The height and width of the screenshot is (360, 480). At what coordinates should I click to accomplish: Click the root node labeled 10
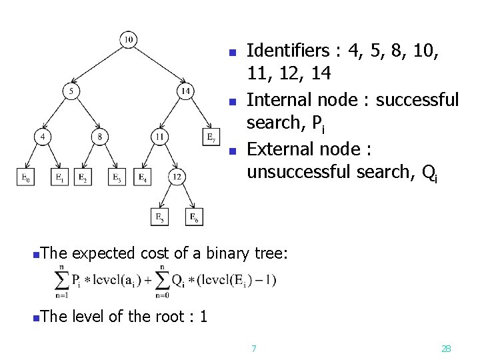click(129, 41)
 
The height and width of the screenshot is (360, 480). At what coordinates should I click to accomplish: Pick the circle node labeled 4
click(43, 137)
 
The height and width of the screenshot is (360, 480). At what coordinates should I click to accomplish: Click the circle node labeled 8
click(100, 137)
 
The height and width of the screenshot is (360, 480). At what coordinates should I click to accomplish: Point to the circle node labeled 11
click(159, 137)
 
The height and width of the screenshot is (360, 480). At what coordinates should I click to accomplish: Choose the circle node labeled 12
click(176, 177)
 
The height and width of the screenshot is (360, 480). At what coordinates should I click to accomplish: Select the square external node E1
click(59, 177)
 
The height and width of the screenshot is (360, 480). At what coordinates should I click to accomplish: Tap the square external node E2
click(82, 177)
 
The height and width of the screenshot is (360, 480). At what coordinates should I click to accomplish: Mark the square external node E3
click(117, 177)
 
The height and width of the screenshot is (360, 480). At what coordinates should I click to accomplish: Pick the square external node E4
click(143, 177)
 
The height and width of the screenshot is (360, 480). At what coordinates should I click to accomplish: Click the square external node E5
click(159, 217)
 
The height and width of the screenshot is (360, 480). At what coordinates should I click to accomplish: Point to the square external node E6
click(193, 217)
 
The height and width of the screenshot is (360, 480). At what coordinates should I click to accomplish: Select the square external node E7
click(211, 137)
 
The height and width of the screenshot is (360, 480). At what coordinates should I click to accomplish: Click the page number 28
click(447, 348)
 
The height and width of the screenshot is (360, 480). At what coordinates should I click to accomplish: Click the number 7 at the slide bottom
click(253, 348)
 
